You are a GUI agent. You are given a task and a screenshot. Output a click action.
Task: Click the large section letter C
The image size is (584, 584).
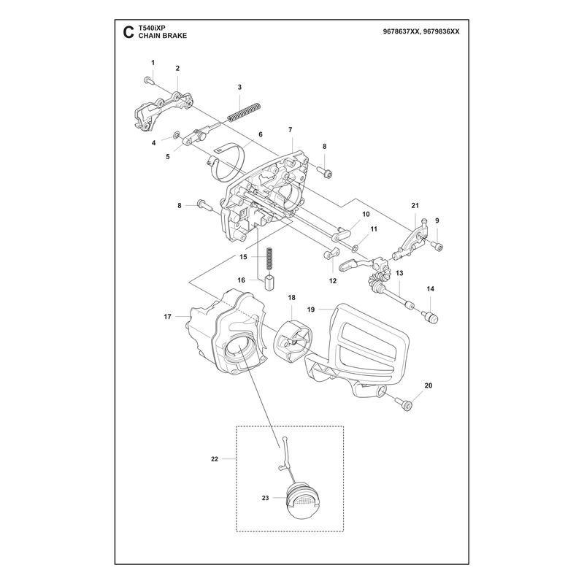coord(128,32)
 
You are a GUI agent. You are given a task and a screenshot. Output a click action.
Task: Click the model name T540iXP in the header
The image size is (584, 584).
coord(152,28)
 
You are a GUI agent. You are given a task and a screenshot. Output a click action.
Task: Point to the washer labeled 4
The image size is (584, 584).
coord(175,134)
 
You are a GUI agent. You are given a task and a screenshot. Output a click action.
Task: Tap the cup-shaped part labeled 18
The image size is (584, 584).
coord(294,342)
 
